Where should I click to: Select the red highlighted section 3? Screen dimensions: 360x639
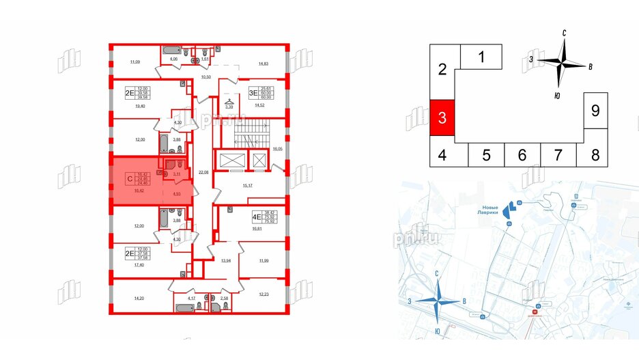442,117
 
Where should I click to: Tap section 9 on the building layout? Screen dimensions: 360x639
595,110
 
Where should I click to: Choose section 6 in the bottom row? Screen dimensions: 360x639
522,155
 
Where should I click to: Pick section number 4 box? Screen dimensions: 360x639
442,155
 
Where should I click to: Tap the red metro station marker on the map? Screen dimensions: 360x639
535,315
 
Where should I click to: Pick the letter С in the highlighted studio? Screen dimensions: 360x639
129,179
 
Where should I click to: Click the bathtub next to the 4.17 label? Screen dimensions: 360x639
183,307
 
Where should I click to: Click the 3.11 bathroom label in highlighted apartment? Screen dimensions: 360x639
177,174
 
